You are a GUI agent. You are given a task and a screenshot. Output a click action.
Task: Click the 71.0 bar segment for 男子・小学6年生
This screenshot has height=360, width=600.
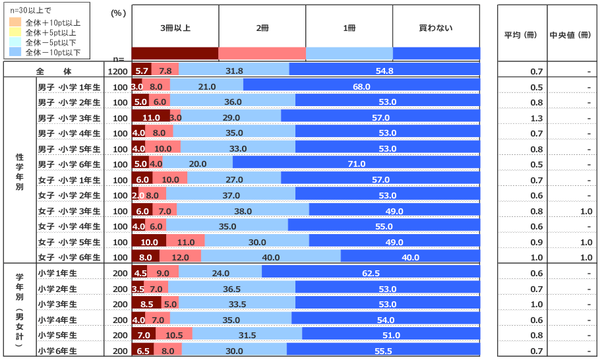(x=356, y=164)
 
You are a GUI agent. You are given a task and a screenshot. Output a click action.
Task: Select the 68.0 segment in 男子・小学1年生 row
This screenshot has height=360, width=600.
(x=361, y=86)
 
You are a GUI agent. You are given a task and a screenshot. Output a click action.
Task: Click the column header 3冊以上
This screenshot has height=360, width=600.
(x=175, y=28)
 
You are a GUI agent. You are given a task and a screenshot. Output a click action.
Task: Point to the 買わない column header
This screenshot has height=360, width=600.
(x=436, y=28)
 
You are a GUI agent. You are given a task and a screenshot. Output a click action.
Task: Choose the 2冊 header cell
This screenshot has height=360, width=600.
(x=262, y=28)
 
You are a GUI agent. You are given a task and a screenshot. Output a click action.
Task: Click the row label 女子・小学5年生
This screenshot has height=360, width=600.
(x=69, y=242)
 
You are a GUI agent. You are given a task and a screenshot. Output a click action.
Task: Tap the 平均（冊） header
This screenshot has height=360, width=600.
(x=520, y=36)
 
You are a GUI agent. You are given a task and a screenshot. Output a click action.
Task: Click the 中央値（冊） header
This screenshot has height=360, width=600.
(x=570, y=36)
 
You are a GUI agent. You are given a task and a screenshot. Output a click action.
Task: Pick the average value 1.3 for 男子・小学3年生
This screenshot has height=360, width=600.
(x=536, y=118)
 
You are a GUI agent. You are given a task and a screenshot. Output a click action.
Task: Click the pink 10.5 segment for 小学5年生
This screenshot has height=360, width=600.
(x=174, y=335)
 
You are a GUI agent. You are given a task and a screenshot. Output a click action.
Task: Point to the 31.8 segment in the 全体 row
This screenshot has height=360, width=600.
(x=234, y=71)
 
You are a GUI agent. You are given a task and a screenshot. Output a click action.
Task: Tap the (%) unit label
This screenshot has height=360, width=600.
(x=117, y=13)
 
